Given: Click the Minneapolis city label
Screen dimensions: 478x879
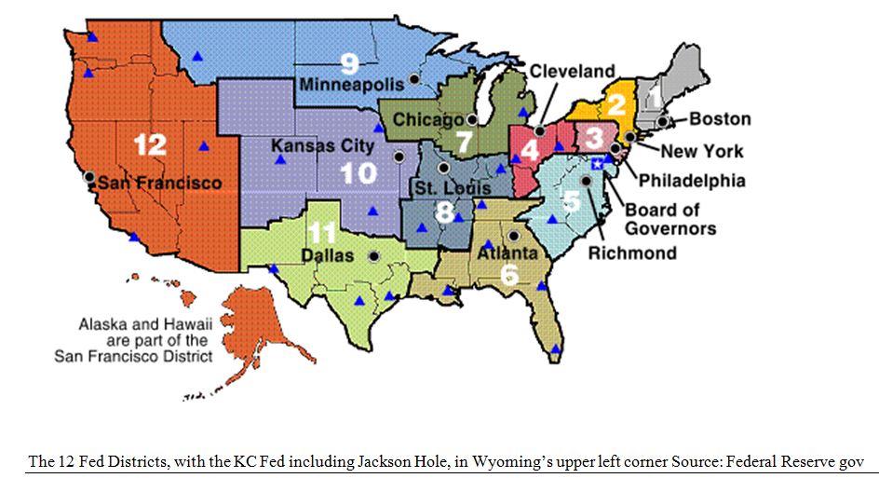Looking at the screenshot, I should [351, 85].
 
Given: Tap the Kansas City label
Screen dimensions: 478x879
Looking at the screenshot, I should [323, 145].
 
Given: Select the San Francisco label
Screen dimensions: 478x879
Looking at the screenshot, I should [160, 182].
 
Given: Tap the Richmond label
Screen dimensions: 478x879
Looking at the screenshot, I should [633, 253].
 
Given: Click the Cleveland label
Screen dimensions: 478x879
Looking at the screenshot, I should [572, 72].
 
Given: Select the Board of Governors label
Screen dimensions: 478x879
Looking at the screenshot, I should [669, 219].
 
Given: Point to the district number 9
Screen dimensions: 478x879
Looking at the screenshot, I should [349, 63].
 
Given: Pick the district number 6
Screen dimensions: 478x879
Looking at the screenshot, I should [509, 274].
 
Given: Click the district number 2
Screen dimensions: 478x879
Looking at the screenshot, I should [615, 105].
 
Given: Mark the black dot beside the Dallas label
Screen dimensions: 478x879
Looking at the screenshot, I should [374, 255].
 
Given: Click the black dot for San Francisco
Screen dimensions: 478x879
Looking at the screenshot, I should [88, 176].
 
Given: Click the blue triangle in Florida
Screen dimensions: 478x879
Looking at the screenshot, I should [556, 349].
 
